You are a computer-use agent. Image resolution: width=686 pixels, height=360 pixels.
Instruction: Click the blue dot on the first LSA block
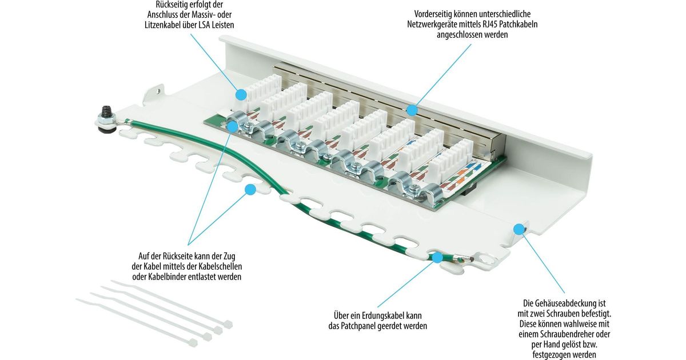tap(241, 94)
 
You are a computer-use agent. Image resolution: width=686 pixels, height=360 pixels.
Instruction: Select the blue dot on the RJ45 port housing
tap(412, 110)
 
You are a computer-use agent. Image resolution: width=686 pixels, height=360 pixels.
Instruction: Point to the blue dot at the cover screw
tap(519, 229)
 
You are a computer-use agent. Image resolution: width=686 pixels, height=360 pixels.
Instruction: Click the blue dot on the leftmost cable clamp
tap(233, 126)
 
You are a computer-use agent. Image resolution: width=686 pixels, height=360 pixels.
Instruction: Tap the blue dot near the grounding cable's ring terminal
tap(438, 257)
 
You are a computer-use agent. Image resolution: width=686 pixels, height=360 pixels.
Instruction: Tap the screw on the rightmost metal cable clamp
tap(416, 187)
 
